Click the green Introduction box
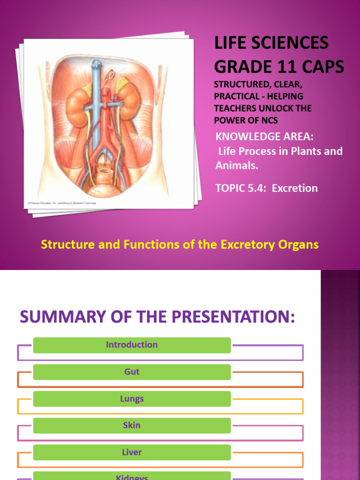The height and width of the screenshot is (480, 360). click(x=132, y=345)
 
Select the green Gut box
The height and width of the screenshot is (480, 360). click(x=132, y=372)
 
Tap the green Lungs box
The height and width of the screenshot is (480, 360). click(x=132, y=399)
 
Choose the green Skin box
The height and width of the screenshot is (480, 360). click(x=132, y=426)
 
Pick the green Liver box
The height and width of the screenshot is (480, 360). click(x=132, y=452)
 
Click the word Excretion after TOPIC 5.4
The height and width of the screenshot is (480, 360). click(x=295, y=188)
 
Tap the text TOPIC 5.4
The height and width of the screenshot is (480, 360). click(x=240, y=188)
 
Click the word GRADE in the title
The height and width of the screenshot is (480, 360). click(x=243, y=67)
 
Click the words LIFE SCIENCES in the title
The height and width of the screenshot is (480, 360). click(x=271, y=44)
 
